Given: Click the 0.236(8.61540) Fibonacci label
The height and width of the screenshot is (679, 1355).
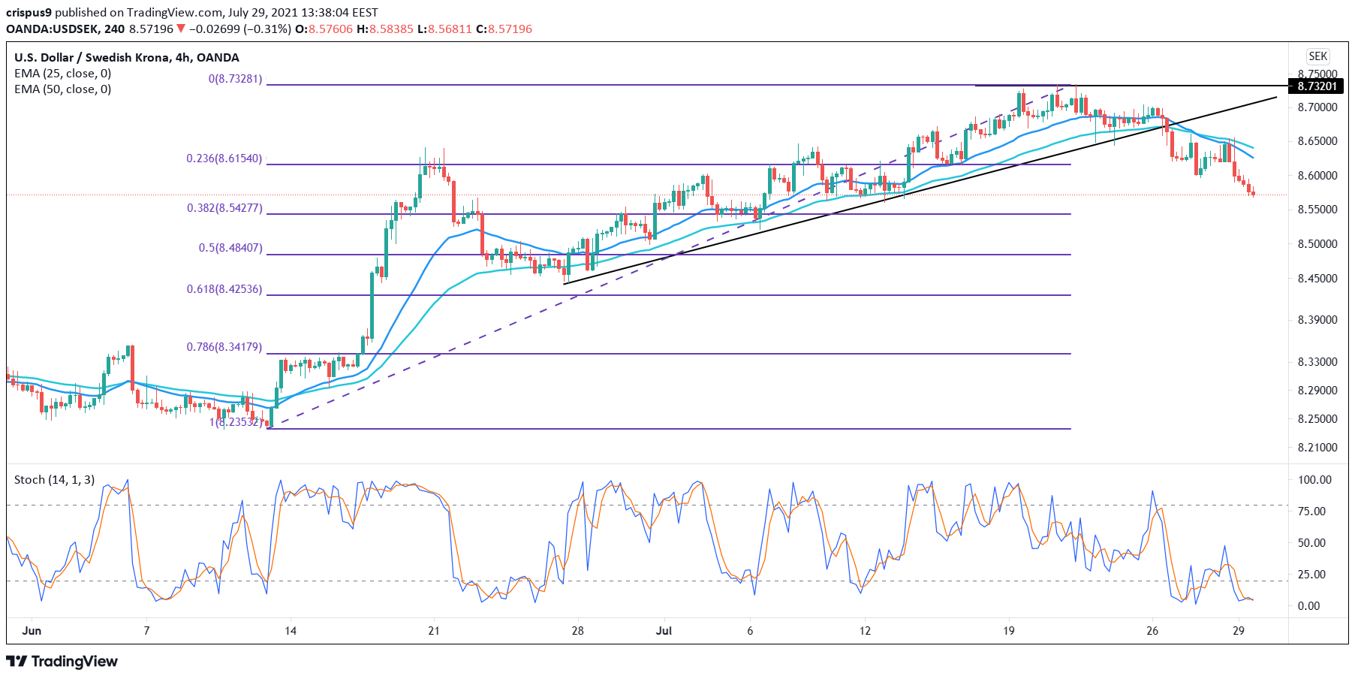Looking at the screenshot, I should (x=224, y=158).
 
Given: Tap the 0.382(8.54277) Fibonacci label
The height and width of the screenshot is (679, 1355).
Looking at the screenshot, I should (x=224, y=208).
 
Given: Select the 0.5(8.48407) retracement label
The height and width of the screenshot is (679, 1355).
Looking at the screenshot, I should (x=230, y=248).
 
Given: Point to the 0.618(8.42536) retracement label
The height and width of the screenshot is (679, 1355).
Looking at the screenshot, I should (x=224, y=289).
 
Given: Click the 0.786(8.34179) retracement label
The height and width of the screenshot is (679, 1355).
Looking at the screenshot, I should (x=224, y=347).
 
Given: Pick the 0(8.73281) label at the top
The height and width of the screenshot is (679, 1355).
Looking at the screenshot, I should (x=236, y=79).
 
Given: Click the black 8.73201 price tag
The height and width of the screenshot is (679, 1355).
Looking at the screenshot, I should (x=1317, y=86).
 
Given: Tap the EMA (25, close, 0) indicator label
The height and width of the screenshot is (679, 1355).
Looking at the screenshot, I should (x=62, y=74).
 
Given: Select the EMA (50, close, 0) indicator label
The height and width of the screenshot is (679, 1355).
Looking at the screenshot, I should (x=62, y=89).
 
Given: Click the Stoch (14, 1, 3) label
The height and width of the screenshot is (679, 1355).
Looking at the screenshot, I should (x=54, y=480).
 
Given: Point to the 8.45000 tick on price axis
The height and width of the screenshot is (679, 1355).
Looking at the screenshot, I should (x=1317, y=279).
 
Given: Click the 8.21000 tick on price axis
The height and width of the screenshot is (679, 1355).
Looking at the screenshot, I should (x=1317, y=448).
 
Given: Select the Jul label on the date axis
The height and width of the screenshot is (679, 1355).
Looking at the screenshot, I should (x=664, y=631).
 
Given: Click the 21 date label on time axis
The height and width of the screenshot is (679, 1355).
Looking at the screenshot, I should (x=434, y=631).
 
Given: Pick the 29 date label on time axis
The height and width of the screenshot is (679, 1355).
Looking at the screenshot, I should (x=1239, y=631).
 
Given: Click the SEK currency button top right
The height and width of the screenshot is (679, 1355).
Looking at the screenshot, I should (x=1317, y=56).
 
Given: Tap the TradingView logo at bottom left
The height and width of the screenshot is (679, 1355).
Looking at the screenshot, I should (x=62, y=662).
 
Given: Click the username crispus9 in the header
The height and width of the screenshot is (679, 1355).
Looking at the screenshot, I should (x=29, y=13).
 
